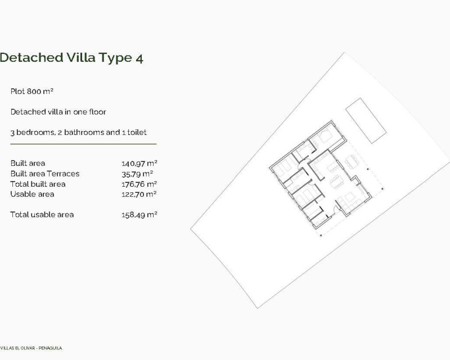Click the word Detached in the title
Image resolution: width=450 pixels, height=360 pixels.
(x=31, y=57)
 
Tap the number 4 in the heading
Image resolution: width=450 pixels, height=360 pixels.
(x=139, y=58)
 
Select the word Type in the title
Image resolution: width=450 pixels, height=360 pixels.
(x=115, y=58)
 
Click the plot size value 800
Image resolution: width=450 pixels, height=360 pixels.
(x=34, y=91)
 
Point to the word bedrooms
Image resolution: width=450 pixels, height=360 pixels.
(x=35, y=132)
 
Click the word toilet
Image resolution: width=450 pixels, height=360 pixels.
(x=137, y=132)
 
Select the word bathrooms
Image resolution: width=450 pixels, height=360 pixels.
(x=84, y=132)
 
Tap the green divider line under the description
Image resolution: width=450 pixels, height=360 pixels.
(x=83, y=144)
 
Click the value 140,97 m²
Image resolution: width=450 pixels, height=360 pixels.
(x=139, y=163)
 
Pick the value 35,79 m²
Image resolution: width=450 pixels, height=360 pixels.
(x=137, y=174)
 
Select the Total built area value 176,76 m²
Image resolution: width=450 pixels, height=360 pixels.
(x=139, y=184)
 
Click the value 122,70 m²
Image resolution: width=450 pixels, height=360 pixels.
(x=139, y=195)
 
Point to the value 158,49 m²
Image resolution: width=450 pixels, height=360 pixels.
(x=139, y=215)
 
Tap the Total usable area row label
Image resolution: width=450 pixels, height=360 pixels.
(x=42, y=214)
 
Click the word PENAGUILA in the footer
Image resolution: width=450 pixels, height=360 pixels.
(x=50, y=348)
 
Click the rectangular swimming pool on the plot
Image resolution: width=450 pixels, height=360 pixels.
(x=366, y=120)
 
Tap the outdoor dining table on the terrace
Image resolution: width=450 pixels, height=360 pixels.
(x=352, y=161)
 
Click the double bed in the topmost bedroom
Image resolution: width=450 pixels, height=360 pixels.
(x=325, y=136)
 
